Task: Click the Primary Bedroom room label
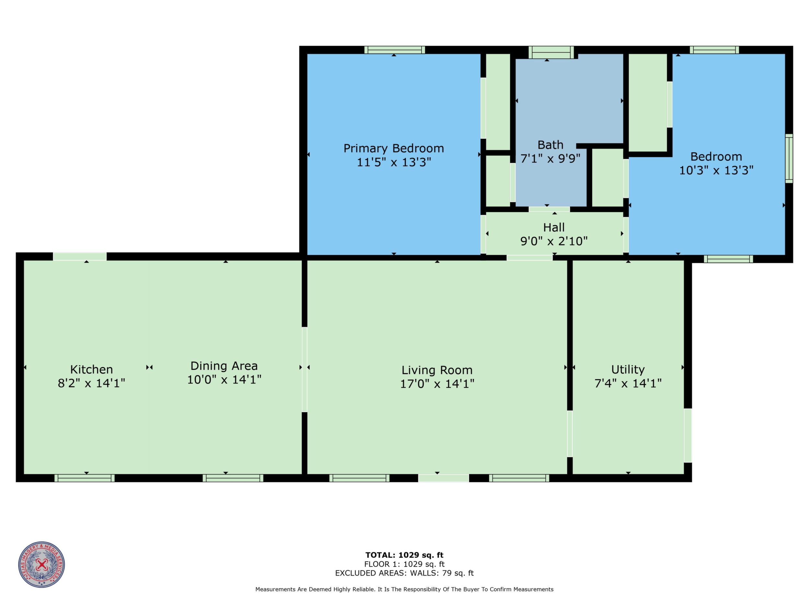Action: click(393, 148)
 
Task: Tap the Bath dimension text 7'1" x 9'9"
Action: click(550, 159)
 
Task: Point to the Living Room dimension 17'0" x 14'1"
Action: click(437, 384)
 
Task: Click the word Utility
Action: click(628, 370)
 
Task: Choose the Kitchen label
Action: click(91, 369)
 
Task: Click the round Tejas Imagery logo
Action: click(42, 564)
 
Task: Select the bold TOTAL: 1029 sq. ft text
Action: click(404, 555)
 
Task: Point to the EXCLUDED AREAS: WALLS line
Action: click(404, 573)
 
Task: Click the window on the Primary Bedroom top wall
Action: click(395, 50)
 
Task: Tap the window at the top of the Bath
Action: click(551, 52)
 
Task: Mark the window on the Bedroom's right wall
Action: click(789, 158)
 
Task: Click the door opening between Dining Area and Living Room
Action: click(304, 370)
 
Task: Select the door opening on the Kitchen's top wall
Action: click(80, 256)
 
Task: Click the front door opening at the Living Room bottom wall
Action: click(443, 478)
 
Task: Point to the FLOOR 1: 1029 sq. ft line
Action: click(404, 564)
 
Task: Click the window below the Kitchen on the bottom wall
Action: click(85, 478)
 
